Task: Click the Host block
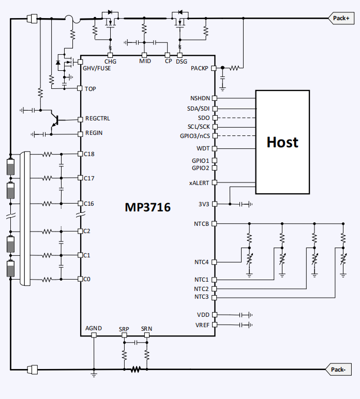pyautogui.click(x=282, y=142)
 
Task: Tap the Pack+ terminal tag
pyautogui.click(x=341, y=18)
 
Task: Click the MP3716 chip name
pyautogui.click(x=147, y=207)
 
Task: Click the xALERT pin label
pyautogui.click(x=199, y=182)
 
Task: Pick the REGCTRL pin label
pyautogui.click(x=97, y=119)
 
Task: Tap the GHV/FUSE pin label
pyautogui.click(x=97, y=68)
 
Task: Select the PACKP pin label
pyautogui.click(x=200, y=68)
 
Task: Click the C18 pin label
pyautogui.click(x=91, y=154)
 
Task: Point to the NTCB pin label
pyautogui.click(x=201, y=224)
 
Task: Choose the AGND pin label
pyautogui.click(x=94, y=328)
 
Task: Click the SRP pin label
pyautogui.click(x=124, y=329)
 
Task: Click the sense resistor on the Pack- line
pyautogui.click(x=136, y=370)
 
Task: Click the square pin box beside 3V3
pyautogui.click(x=215, y=204)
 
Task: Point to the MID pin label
pyautogui.click(x=145, y=62)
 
